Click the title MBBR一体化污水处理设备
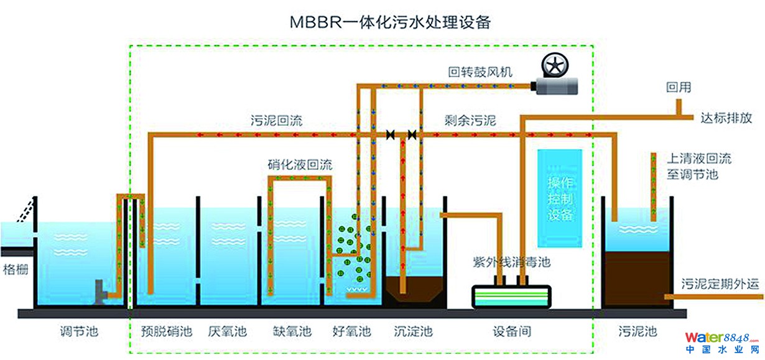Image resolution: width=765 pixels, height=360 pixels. click(391, 22)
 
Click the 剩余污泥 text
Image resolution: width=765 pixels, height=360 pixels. click(470, 121)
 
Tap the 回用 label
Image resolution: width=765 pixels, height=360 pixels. click(679, 88)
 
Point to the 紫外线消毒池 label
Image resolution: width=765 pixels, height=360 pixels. click(511, 262)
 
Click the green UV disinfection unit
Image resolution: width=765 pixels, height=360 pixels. click(512, 297)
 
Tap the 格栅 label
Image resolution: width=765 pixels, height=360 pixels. click(15, 269)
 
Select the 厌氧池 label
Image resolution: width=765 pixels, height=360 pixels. click(228, 331)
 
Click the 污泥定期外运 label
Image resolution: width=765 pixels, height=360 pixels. click(720, 284)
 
